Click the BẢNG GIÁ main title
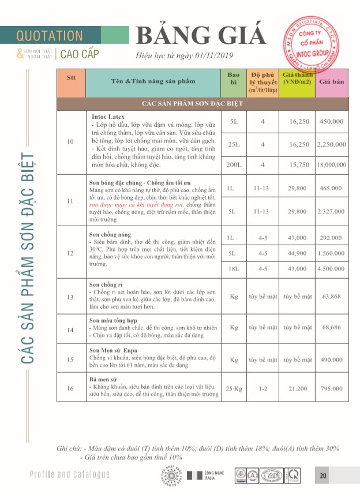201,36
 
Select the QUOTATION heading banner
50,36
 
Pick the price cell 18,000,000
332,164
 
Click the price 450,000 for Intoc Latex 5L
332,122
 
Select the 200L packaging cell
234,164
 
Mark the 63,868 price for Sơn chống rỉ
332,297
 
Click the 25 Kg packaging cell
234,388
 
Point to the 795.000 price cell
332,388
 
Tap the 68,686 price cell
332,327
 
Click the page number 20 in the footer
323,475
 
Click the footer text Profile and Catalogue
70,474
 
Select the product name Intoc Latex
108,116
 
